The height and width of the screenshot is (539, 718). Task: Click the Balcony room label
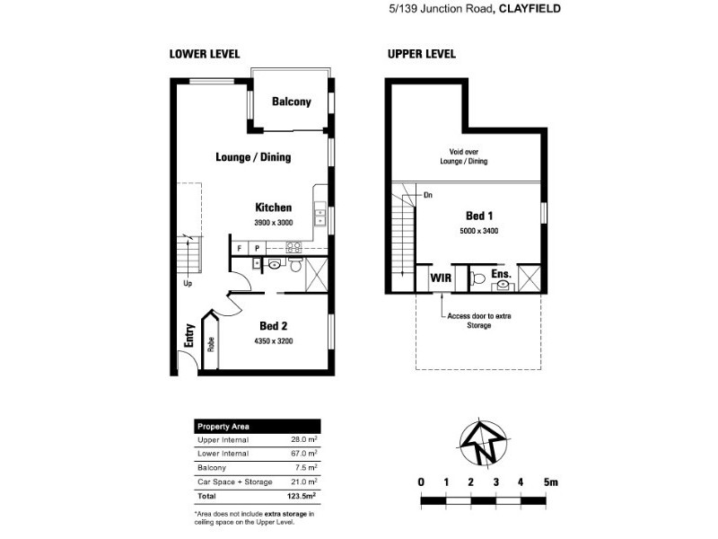[291, 102]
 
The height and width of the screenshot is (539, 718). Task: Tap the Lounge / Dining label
[253, 156]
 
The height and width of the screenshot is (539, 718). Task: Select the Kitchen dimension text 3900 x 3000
[273, 222]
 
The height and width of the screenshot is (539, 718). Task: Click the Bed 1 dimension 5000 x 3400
[479, 231]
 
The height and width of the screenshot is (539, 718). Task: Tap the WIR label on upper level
[440, 278]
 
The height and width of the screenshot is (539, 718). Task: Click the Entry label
[189, 335]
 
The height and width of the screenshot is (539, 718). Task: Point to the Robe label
[211, 342]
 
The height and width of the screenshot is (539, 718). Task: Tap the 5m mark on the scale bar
[550, 482]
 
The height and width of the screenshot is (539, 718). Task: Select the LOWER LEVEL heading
[205, 54]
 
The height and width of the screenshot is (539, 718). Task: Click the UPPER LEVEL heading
[421, 54]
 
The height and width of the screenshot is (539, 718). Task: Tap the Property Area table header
[223, 426]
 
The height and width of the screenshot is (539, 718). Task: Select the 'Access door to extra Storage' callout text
[478, 321]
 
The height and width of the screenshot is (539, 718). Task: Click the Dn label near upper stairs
[428, 194]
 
